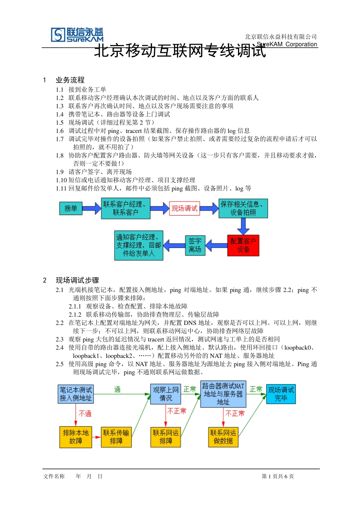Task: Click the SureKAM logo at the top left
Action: coord(77,35)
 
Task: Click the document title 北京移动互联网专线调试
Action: coord(180,51)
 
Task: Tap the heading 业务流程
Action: coord(70,80)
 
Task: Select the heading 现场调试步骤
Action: coord(77,280)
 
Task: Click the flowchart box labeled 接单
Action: coord(71,208)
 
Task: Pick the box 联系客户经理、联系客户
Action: coord(125,208)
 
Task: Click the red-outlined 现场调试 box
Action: coord(184,208)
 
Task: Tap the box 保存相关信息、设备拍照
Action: coord(243,208)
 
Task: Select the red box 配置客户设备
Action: coord(243,245)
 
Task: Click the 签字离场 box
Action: coord(195,245)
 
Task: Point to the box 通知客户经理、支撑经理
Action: coord(139,245)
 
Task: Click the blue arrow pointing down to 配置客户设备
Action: coord(243,226)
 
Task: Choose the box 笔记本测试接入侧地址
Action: coord(76,394)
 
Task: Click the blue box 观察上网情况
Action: coord(166,394)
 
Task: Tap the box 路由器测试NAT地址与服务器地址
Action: coord(223,394)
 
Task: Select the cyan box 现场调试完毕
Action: coord(281,394)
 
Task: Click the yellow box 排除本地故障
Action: coord(76,437)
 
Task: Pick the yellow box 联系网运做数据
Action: coord(223,437)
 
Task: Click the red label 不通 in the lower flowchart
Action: coord(85,414)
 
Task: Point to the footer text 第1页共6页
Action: coord(278,476)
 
